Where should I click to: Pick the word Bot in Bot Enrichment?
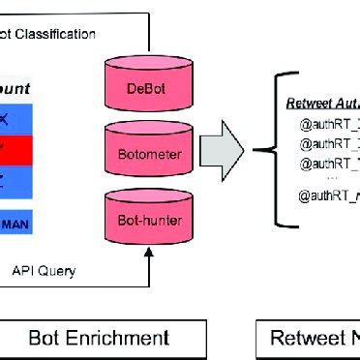(47, 338)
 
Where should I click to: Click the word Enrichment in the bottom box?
(116, 338)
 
